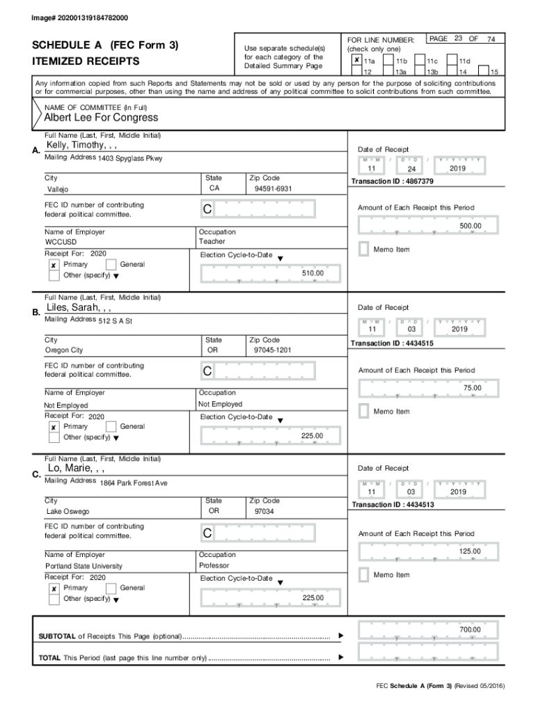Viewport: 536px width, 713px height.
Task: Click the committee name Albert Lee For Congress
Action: point(101,118)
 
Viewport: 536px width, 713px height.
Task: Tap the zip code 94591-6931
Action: point(273,189)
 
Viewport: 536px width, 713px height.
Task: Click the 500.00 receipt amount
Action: point(470,226)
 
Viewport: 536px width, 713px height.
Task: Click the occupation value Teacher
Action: point(212,242)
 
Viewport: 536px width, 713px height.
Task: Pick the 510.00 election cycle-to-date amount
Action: point(313,274)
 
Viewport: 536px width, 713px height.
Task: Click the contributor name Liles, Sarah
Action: point(78,307)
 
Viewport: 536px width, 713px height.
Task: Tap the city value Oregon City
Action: point(63,350)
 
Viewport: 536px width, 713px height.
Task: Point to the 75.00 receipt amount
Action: point(472,388)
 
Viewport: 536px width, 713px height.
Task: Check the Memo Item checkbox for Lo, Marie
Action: point(363,574)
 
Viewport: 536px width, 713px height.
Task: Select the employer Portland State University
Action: point(84,566)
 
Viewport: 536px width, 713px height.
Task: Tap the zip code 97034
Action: point(265,512)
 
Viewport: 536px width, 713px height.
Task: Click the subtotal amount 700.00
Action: point(470,630)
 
